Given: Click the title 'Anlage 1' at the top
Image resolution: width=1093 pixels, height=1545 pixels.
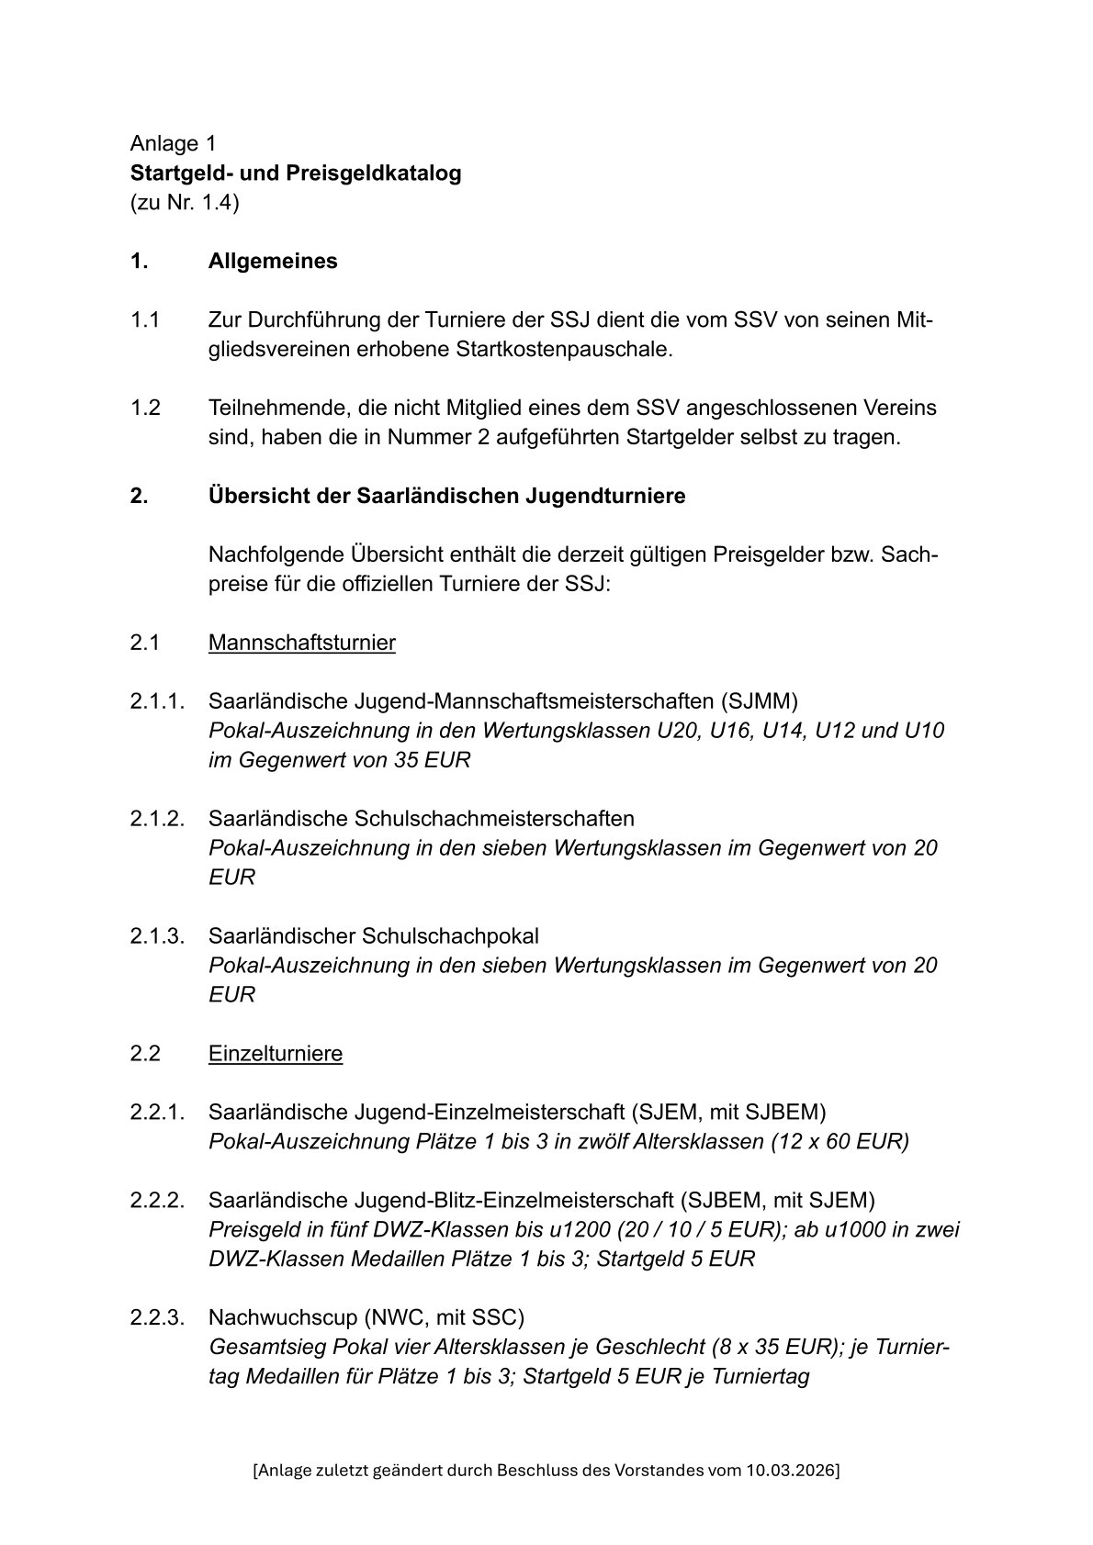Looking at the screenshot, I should pos(174,143).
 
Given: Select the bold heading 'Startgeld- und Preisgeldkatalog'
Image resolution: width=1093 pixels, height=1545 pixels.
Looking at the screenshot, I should pos(296,173).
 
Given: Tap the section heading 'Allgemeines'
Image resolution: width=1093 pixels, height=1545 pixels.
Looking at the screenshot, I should pos(273,261).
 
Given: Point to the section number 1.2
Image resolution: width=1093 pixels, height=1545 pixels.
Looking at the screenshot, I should pos(145,408).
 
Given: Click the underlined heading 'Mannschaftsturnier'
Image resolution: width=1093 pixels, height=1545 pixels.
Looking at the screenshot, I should pos(301,643).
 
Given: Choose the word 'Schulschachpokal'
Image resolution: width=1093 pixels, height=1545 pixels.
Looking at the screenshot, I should pos(451,936).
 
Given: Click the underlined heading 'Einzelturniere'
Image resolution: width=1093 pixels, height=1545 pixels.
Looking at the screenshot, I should pos(276,1053).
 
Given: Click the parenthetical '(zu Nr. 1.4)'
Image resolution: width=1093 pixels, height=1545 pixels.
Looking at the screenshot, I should pos(185,202).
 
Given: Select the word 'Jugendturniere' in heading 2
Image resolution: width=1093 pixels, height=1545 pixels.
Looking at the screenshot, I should pos(605,496).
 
